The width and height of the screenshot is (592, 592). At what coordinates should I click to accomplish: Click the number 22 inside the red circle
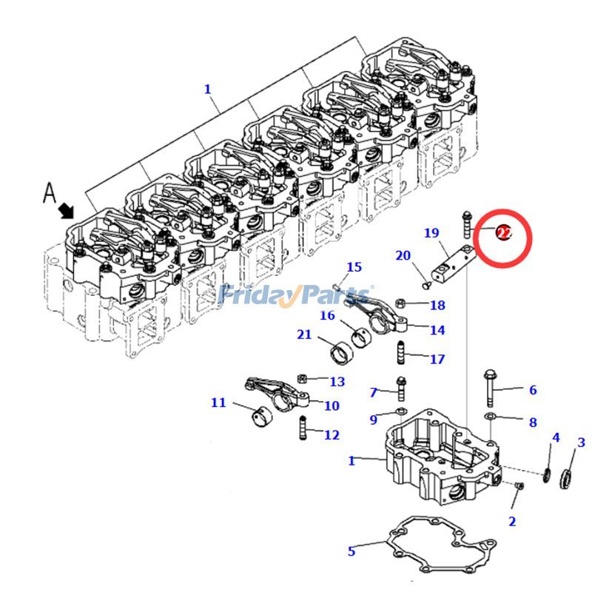click(504, 233)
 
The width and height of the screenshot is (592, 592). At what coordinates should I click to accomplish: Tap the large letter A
click(50, 193)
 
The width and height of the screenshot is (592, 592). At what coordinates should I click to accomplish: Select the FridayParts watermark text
click(296, 295)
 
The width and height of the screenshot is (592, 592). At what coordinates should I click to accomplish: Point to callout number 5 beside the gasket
click(351, 551)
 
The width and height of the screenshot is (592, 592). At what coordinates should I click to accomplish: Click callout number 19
click(431, 233)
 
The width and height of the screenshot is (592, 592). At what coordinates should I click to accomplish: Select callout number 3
click(581, 443)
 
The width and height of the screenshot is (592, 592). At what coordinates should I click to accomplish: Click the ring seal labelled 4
click(547, 474)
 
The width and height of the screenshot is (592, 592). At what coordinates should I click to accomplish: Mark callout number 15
click(354, 267)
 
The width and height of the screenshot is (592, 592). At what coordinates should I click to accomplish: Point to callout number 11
click(218, 403)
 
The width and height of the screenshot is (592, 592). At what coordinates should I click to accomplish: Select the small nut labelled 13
click(302, 379)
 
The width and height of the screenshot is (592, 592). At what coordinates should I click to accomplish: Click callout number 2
click(511, 522)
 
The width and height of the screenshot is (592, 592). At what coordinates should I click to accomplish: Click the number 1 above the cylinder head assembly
click(207, 89)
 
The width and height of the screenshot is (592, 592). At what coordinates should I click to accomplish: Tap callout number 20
click(403, 256)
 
